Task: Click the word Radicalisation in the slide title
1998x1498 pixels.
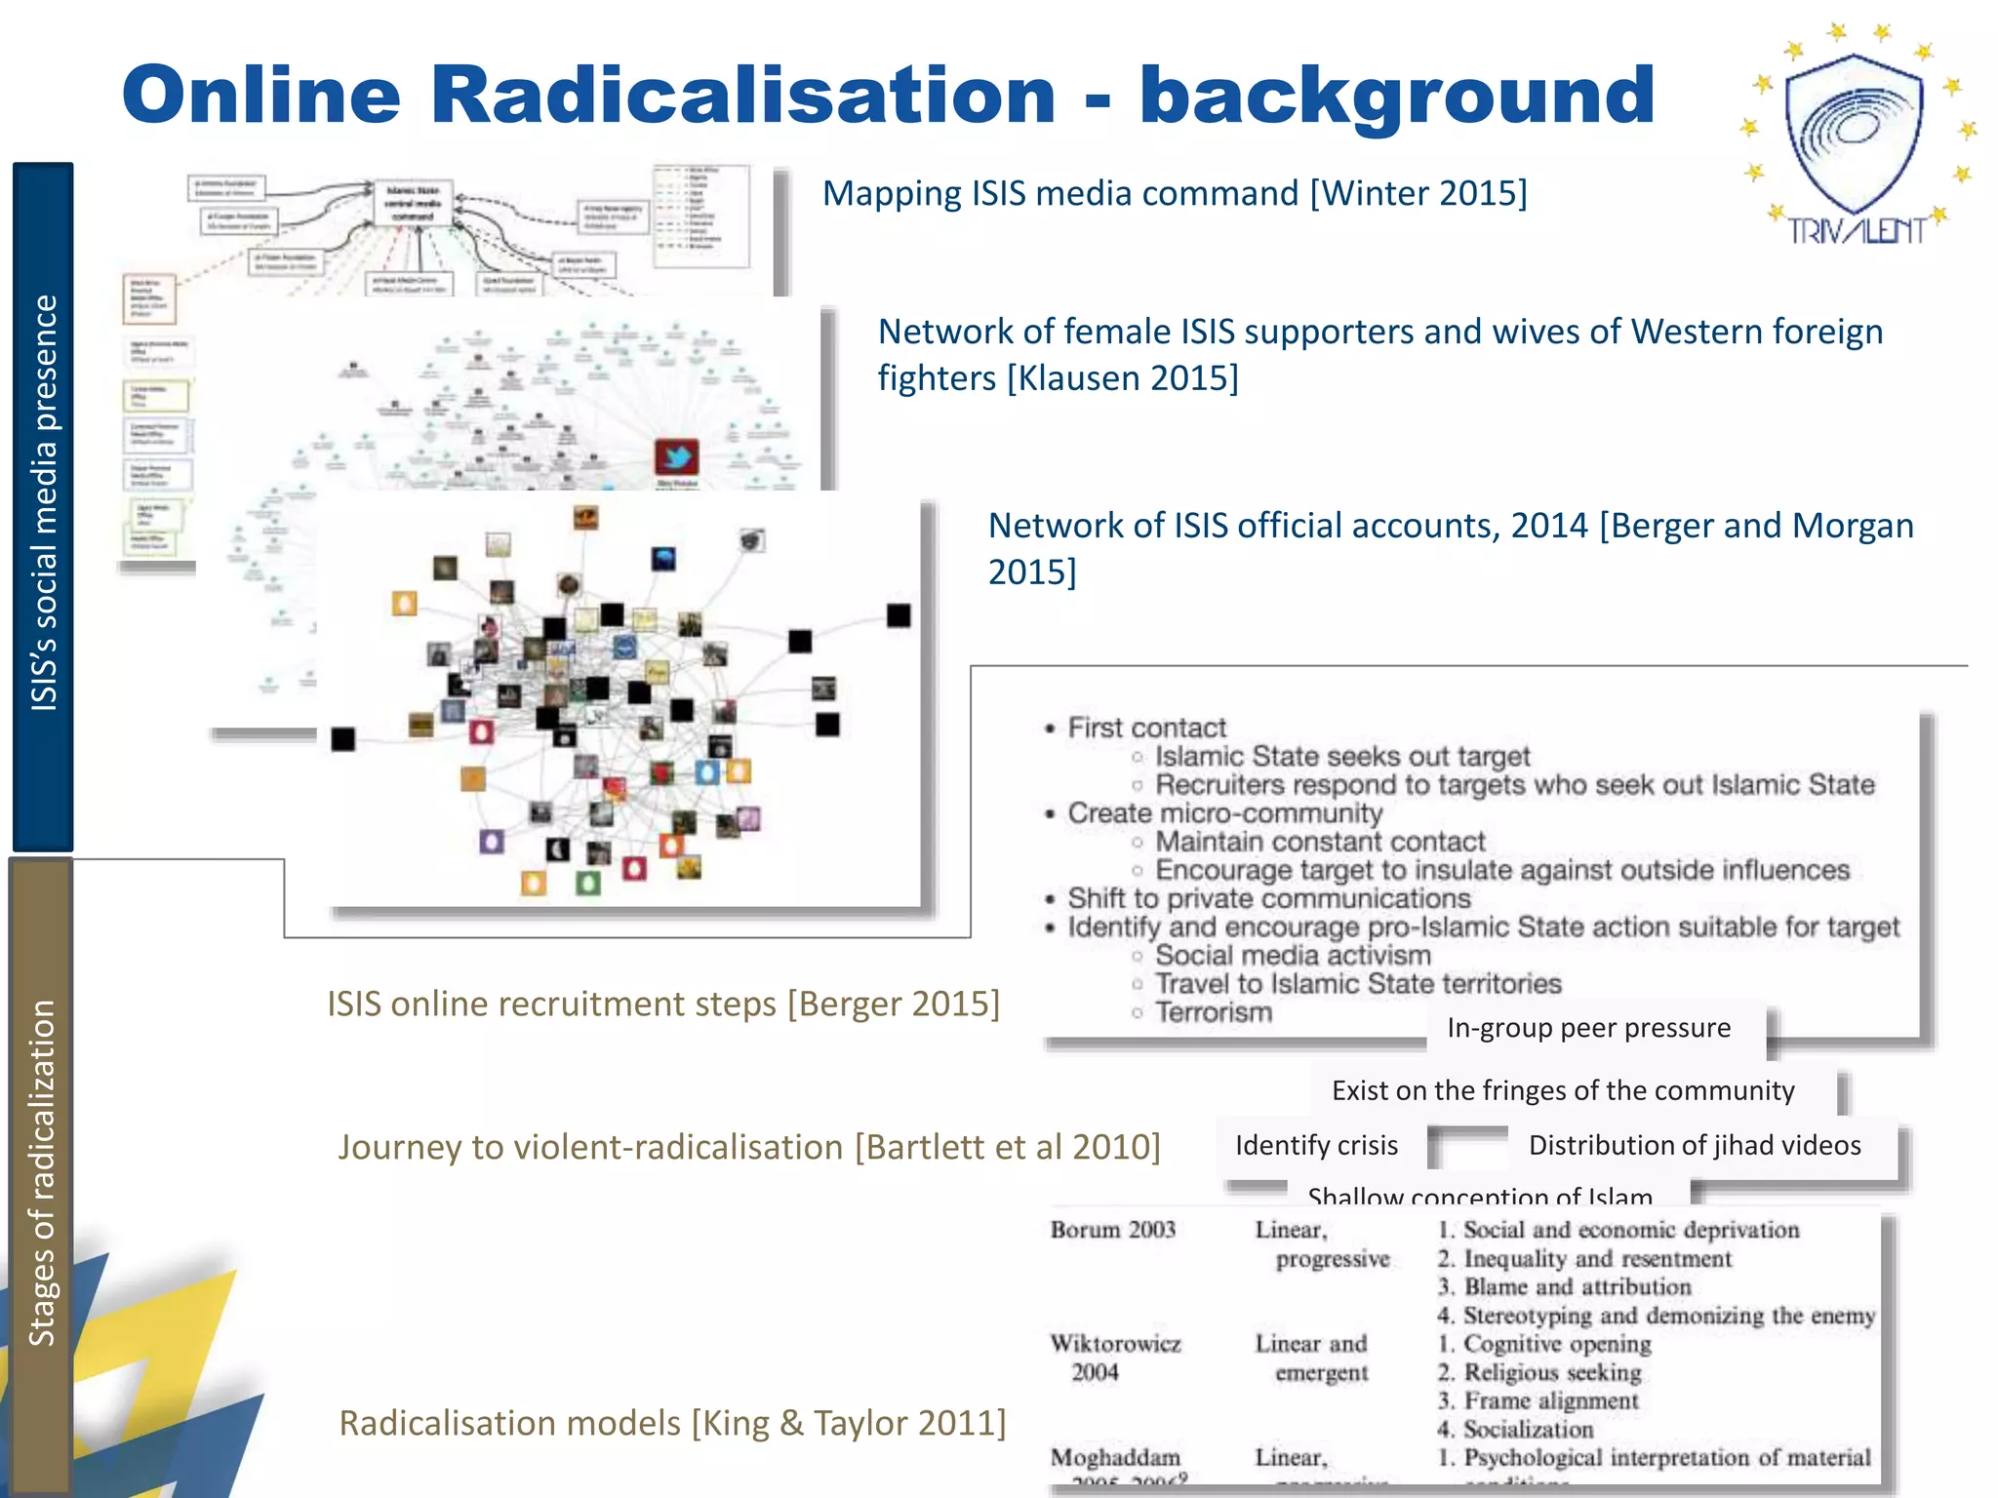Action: tap(743, 95)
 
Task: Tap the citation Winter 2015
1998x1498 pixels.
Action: tap(1419, 193)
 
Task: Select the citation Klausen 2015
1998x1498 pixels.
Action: tap(1122, 377)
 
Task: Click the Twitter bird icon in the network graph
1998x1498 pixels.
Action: tap(676, 457)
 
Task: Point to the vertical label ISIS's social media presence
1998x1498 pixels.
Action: tap(44, 503)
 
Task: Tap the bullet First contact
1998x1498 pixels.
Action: tap(1146, 728)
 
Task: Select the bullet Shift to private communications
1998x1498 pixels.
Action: tap(1268, 898)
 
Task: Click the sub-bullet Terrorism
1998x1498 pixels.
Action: tap(1214, 1012)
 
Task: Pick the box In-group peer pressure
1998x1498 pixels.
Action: tap(1588, 1028)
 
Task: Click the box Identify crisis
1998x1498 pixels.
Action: tap(1316, 1145)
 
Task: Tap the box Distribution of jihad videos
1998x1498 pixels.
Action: tap(1695, 1145)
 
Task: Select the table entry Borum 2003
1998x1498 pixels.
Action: tap(1113, 1230)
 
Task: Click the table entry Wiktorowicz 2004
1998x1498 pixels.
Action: tap(1114, 1358)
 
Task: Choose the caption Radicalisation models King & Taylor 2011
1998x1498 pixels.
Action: tap(672, 1423)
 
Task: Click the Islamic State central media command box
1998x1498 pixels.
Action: tap(414, 203)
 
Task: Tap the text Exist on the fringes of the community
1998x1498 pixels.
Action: tap(1563, 1090)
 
